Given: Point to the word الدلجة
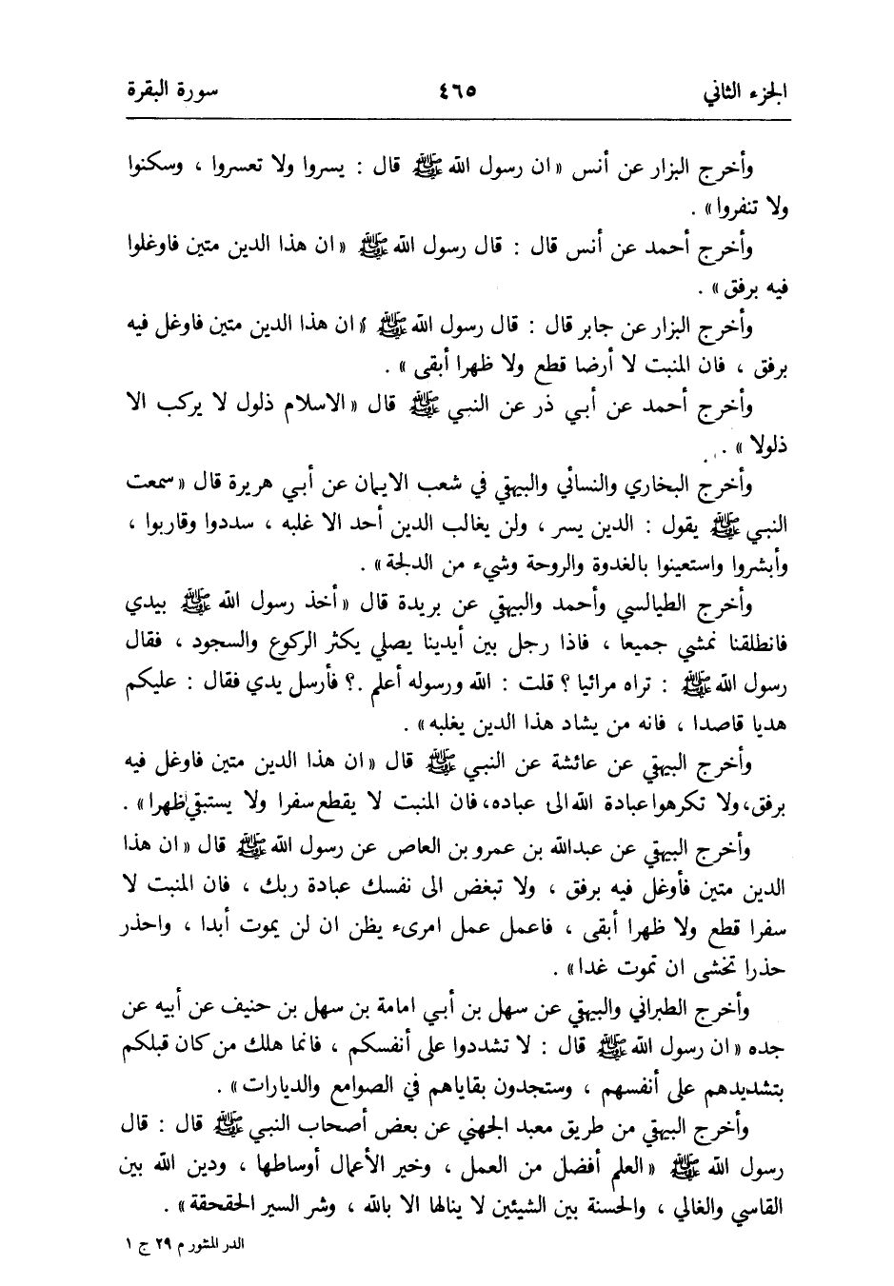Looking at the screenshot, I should click(x=405, y=562).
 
